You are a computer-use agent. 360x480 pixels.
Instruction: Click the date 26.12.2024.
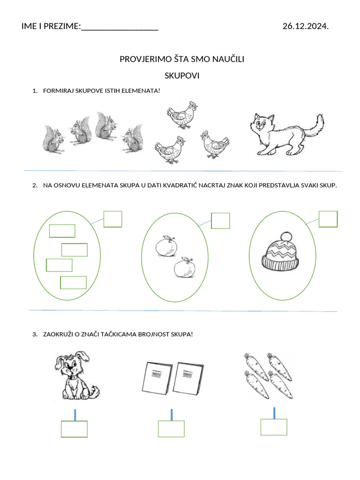pyautogui.click(x=305, y=26)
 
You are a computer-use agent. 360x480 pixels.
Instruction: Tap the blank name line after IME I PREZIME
pyautogui.click(x=120, y=27)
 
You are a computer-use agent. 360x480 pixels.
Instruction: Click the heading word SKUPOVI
pyautogui.click(x=182, y=75)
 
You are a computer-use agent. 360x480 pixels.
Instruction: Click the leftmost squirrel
pyautogui.click(x=53, y=138)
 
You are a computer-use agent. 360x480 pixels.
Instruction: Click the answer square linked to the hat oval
pyautogui.click(x=328, y=219)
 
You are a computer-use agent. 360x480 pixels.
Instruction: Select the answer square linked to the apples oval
pyautogui.click(x=220, y=221)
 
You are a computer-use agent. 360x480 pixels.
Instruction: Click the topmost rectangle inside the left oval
pyautogui.click(x=62, y=231)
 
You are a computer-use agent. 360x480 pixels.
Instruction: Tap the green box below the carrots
pyautogui.click(x=273, y=427)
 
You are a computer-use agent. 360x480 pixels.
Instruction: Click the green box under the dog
pyautogui.click(x=74, y=429)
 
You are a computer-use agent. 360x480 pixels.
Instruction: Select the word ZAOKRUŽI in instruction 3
pyautogui.click(x=58, y=334)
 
